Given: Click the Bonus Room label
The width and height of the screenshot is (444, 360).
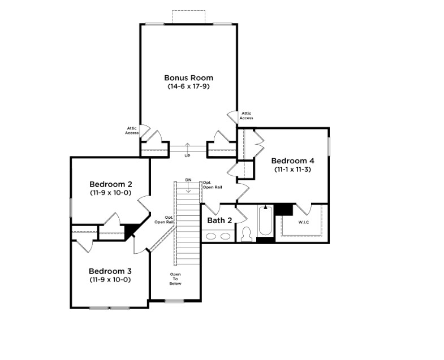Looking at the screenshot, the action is point(188,77).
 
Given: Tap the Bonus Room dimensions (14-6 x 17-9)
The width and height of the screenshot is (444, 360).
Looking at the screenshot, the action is point(188,86).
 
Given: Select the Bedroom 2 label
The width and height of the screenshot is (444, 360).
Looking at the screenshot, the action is point(110,184).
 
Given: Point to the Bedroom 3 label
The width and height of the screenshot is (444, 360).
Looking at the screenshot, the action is point(110,271).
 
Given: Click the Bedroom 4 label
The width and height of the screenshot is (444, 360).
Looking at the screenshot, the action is point(292,161).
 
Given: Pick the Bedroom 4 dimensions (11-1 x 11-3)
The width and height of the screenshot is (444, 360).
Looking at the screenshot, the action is point(292,170).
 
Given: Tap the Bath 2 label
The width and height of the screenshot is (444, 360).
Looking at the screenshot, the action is point(219,220).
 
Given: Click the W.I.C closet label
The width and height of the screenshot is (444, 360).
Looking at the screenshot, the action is point(304,223).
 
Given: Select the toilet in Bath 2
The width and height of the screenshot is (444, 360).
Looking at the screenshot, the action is point(247,235).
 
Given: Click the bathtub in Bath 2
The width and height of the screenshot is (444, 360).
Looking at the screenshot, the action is point(266,220).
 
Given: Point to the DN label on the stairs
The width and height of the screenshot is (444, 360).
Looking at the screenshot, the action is point(188,180).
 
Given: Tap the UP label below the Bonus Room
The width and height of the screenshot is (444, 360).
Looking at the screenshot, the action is point(187,156).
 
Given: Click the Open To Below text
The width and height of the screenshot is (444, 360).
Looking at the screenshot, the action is point(175,279).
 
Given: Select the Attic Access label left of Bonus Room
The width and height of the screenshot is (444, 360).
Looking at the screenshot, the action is point(132,131).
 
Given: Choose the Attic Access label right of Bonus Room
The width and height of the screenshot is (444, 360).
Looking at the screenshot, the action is point(247,115).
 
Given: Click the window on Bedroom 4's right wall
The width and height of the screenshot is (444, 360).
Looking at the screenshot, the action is point(329,146).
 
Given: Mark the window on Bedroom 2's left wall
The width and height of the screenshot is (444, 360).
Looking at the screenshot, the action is point(71,207).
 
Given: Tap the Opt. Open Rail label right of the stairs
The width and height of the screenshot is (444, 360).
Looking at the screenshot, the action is point(212,185).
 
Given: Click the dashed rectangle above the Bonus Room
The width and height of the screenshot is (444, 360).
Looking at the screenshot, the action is point(188,17).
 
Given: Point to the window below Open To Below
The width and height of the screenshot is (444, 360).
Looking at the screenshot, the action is point(174,301).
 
